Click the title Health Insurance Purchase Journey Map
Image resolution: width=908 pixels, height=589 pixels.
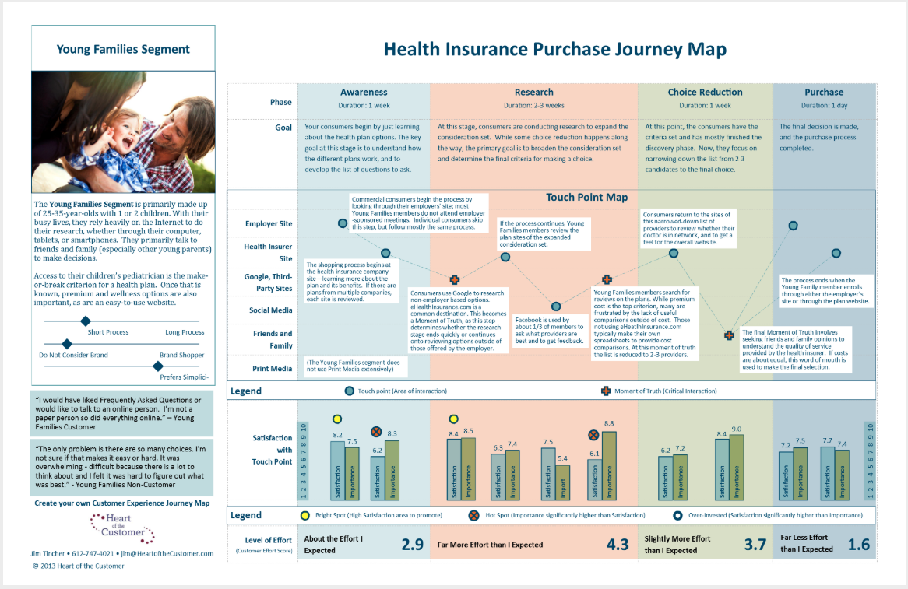pos(555,50)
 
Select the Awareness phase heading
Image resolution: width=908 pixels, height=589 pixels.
pos(364,93)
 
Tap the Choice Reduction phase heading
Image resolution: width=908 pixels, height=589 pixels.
pos(705,93)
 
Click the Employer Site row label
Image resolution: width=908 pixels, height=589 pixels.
pos(268,224)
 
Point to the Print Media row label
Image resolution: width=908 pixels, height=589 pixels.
pos(273,369)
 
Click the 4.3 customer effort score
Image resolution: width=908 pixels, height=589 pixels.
pos(617,544)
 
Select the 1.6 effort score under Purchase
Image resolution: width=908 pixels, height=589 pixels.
pos(858,544)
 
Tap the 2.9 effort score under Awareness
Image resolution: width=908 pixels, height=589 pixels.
pos(412,544)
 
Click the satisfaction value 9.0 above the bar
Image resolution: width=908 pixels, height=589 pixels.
pos(736,429)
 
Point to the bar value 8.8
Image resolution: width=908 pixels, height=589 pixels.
pos(609,423)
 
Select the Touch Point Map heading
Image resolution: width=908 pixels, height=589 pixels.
pos(586,198)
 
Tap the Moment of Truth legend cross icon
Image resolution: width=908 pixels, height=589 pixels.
pos(607,391)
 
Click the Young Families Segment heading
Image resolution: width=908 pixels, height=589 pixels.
pos(123,50)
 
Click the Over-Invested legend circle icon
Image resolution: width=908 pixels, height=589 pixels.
pos(677,515)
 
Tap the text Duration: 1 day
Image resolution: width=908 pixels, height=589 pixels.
pos(823,105)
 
